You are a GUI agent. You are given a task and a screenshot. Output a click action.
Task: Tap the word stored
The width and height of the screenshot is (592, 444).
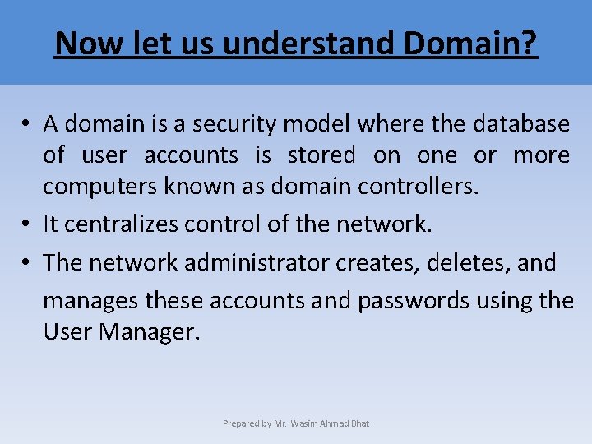321,155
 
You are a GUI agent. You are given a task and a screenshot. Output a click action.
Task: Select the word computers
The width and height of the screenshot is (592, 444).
95,187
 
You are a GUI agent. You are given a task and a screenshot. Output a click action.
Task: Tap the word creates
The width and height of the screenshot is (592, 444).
371,263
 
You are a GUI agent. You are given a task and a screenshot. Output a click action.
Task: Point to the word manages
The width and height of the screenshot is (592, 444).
90,301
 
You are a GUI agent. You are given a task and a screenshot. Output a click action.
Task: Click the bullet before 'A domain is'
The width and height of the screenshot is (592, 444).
27,125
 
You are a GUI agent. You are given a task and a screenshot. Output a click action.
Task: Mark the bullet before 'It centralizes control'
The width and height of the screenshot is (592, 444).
27,224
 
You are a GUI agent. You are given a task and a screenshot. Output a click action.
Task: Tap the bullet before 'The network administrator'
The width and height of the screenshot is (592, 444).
27,264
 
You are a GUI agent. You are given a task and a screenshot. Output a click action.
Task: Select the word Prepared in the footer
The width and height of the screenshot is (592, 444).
240,423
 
